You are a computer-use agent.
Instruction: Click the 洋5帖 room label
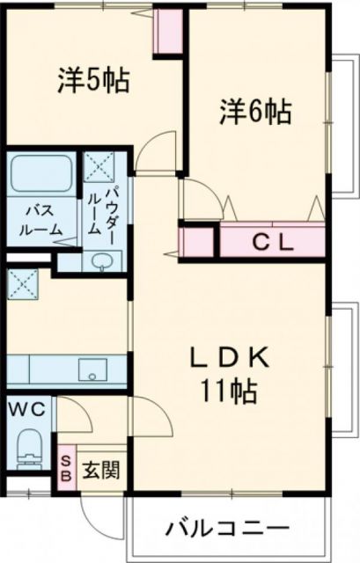click(95, 80)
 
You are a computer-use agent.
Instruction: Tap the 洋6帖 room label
click(255, 113)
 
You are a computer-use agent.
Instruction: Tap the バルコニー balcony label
click(226, 530)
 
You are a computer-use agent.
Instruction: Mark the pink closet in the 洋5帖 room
click(168, 33)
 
